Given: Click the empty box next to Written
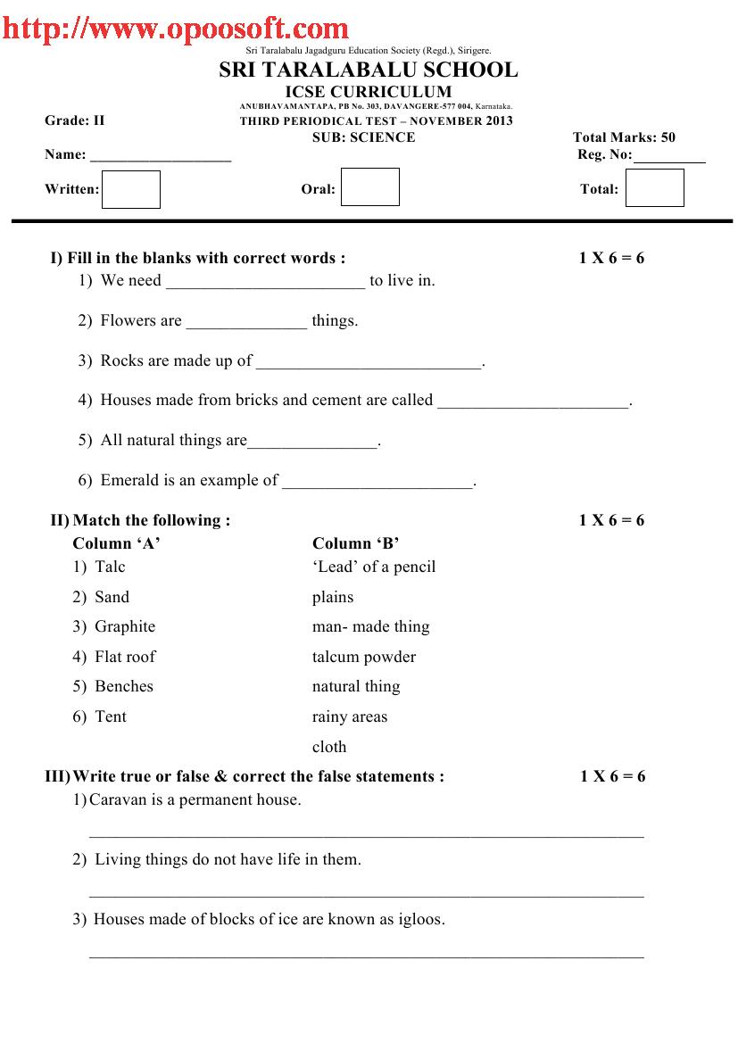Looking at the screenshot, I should pyautogui.click(x=130, y=189).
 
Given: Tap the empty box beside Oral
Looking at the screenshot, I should pyautogui.click(x=370, y=187).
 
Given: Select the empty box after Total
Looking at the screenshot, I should pyautogui.click(x=654, y=188).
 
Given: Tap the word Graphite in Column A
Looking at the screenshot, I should pyautogui.click(x=125, y=626).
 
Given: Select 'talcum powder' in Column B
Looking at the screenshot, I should pyautogui.click(x=364, y=657).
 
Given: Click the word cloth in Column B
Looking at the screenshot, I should pyautogui.click(x=329, y=747).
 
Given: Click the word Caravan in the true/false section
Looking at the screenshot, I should pyautogui.click(x=118, y=799).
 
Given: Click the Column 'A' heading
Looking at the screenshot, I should pyautogui.click(x=116, y=543).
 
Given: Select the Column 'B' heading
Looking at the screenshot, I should pyautogui.click(x=356, y=543).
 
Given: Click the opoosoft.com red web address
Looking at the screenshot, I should pyautogui.click(x=175, y=29).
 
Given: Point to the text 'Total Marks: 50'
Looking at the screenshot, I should pyautogui.click(x=624, y=137).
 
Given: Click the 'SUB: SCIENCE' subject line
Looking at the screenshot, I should pyautogui.click(x=363, y=137).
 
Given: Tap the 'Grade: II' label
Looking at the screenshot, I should pyautogui.click(x=75, y=120).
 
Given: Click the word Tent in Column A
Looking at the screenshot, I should pyautogui.click(x=111, y=716).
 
